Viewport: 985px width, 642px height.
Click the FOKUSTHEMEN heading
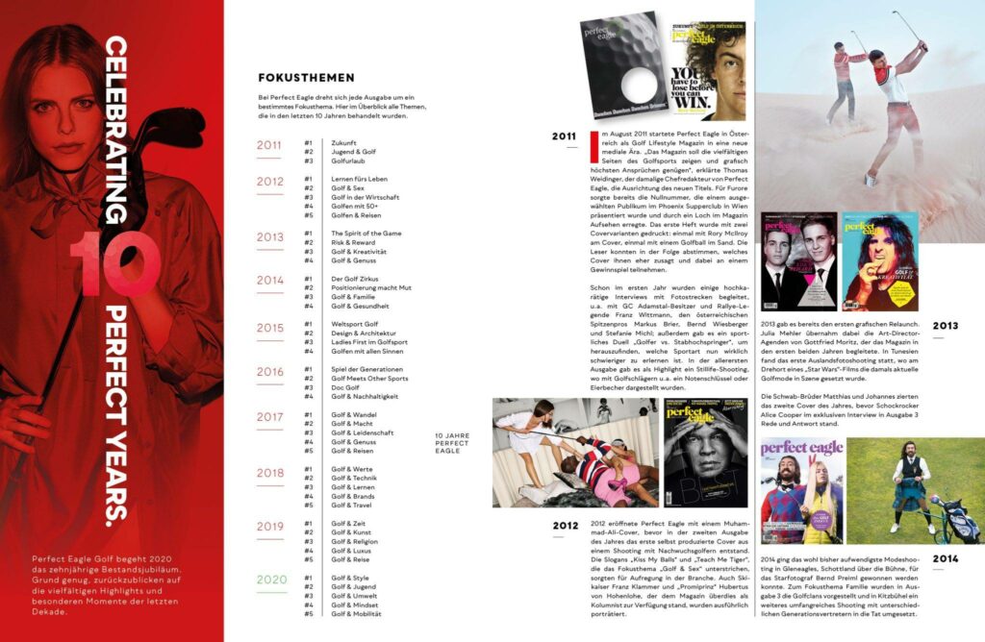coord(306,78)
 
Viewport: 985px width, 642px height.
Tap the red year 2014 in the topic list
coord(270,280)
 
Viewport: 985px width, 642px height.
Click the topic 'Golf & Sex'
coord(347,188)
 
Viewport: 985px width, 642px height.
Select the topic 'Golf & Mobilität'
coord(356,613)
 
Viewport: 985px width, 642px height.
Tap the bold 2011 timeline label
coord(564,136)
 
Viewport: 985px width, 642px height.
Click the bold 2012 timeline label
coord(564,525)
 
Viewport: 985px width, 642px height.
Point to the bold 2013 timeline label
coord(945,327)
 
